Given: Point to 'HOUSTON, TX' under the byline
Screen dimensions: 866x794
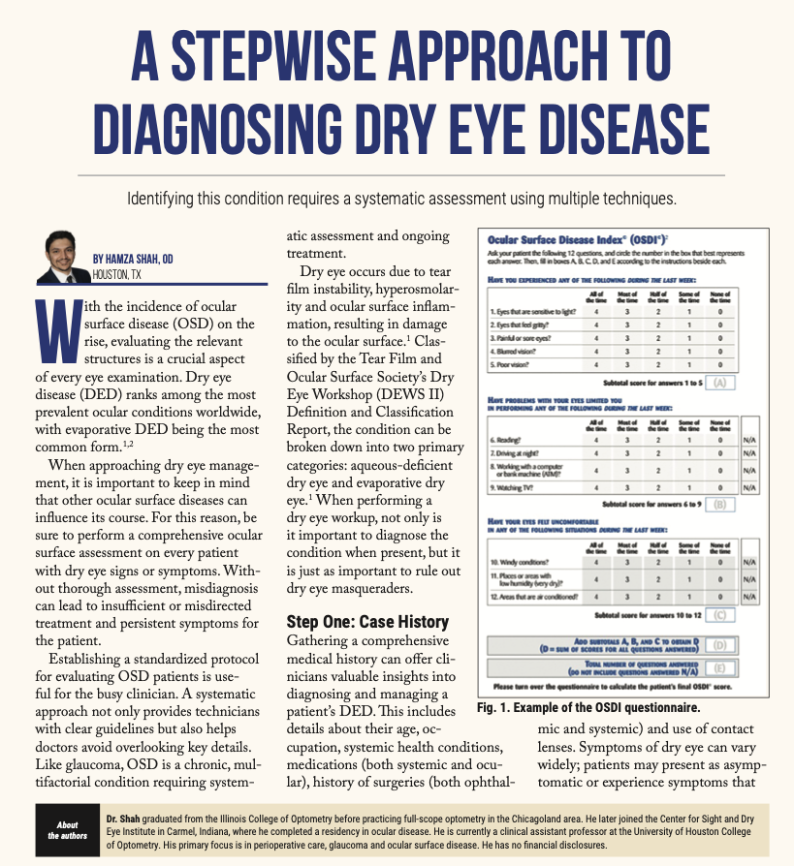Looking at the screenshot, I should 116,274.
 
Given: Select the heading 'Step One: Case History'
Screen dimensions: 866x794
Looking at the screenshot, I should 367,621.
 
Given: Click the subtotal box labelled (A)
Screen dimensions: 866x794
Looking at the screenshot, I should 719,383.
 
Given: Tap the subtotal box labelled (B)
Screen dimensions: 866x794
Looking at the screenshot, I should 719,504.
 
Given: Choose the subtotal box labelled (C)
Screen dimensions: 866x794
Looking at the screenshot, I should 719,614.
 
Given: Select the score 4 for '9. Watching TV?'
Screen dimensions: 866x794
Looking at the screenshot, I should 596,487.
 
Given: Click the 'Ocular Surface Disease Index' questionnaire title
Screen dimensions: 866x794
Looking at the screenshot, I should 565,238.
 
